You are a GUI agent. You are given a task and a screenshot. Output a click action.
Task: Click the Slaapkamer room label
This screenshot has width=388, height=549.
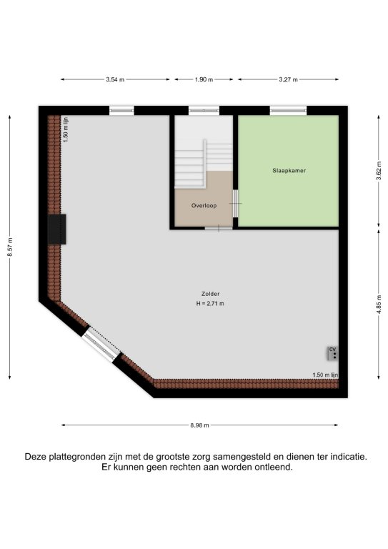click(289, 171)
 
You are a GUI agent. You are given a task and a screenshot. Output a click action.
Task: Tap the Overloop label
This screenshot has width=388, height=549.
click(204, 206)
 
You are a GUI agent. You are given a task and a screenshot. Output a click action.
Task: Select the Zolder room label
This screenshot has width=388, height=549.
click(210, 294)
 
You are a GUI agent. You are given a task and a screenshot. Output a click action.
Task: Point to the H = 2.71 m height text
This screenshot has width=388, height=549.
click(210, 304)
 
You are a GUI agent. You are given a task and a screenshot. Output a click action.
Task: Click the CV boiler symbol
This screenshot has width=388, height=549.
click(333, 353)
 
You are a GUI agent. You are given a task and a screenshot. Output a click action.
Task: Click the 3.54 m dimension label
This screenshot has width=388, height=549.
click(115, 79)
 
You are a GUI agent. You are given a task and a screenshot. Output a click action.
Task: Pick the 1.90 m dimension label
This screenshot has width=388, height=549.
click(204, 79)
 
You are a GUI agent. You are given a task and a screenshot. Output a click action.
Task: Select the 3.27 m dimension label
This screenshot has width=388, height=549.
click(288, 79)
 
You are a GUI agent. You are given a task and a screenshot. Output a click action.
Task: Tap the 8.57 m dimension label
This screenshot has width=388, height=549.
click(10, 247)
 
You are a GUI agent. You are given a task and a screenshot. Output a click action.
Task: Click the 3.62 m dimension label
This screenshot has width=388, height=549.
click(379, 171)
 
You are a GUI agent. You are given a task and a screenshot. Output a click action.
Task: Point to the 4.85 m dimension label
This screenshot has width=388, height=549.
click(379, 305)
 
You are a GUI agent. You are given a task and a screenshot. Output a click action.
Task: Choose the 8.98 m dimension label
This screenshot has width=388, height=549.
click(200, 425)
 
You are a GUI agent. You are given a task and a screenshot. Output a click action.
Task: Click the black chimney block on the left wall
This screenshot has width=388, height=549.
click(56, 229)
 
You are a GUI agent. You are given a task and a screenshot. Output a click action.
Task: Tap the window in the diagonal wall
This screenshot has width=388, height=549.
click(101, 344)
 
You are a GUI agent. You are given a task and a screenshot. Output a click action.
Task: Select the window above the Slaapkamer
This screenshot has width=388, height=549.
click(288, 111)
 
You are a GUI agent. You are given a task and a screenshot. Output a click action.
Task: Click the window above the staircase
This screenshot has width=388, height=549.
click(204, 111)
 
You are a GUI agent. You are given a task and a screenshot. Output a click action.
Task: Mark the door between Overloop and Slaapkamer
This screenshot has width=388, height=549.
click(236, 204)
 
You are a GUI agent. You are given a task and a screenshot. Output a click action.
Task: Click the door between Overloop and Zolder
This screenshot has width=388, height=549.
click(219, 229)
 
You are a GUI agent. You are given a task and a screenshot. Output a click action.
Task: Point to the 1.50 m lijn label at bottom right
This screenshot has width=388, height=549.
click(325, 375)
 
